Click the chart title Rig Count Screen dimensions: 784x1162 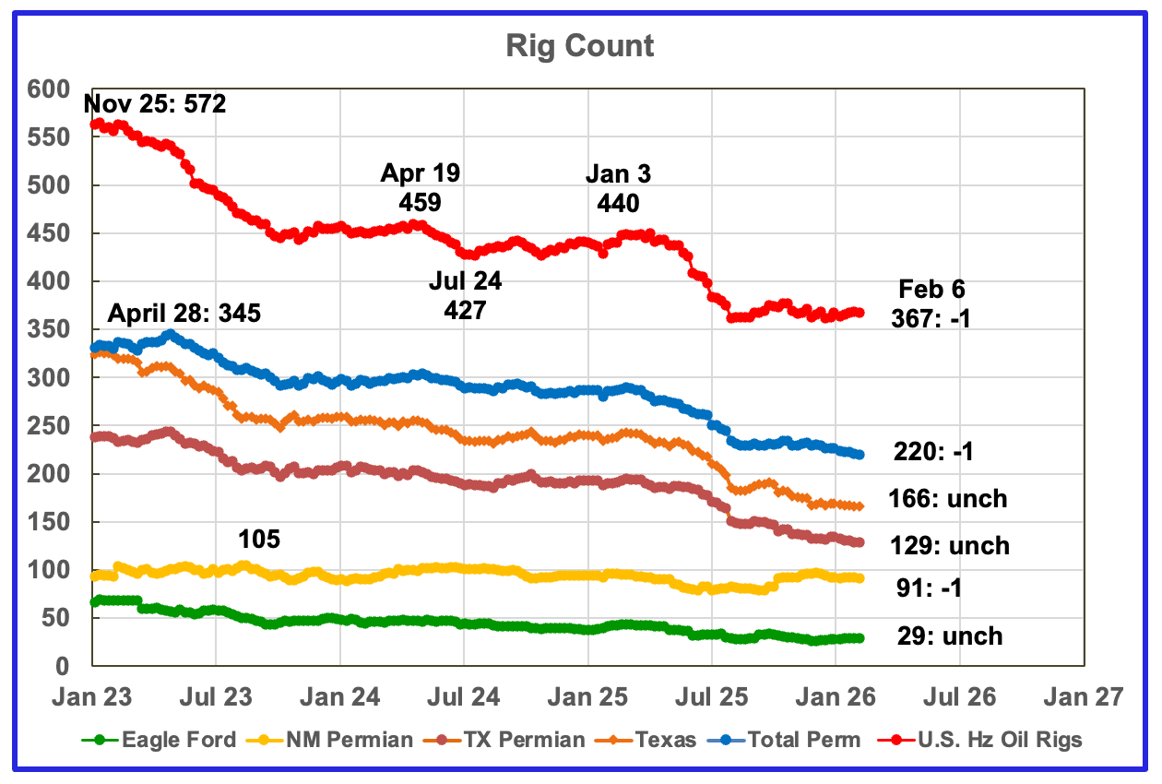580,46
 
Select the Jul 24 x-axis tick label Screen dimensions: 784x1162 463,695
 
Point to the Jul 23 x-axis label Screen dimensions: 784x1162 215,695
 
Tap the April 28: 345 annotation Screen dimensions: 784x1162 184,313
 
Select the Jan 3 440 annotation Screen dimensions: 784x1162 618,188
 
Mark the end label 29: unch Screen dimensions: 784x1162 948,636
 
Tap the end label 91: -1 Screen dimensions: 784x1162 928,588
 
